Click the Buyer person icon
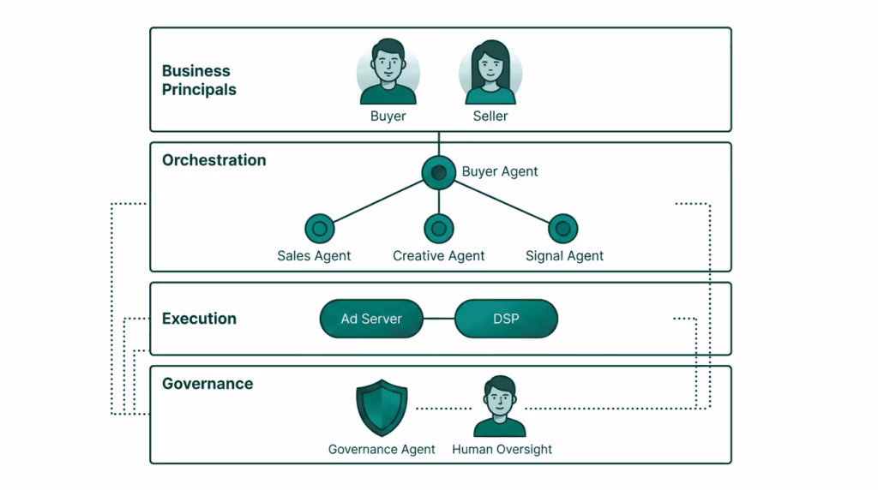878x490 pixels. pyautogui.click(x=388, y=72)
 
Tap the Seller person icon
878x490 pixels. pyautogui.click(x=490, y=72)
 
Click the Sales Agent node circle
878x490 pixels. pyautogui.click(x=319, y=229)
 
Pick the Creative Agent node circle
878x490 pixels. pyautogui.click(x=439, y=229)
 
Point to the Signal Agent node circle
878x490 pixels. pyautogui.click(x=562, y=229)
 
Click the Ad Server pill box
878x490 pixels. pyautogui.click(x=371, y=319)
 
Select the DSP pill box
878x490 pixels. pyautogui.click(x=506, y=319)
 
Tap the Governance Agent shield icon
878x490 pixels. pyautogui.click(x=382, y=409)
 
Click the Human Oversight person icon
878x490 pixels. pyautogui.click(x=500, y=407)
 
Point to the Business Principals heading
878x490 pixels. pyautogui.click(x=199, y=80)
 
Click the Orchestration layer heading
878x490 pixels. pyautogui.click(x=213, y=160)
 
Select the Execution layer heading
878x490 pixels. pyautogui.click(x=199, y=319)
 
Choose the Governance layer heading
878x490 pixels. pyautogui.click(x=207, y=384)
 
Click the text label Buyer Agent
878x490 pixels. pyautogui.click(x=500, y=171)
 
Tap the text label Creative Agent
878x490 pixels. pyautogui.click(x=438, y=255)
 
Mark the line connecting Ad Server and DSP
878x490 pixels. pyautogui.click(x=439, y=319)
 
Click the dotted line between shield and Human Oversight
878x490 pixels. pyautogui.click(x=443, y=409)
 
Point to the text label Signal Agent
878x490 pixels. pyautogui.click(x=564, y=255)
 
